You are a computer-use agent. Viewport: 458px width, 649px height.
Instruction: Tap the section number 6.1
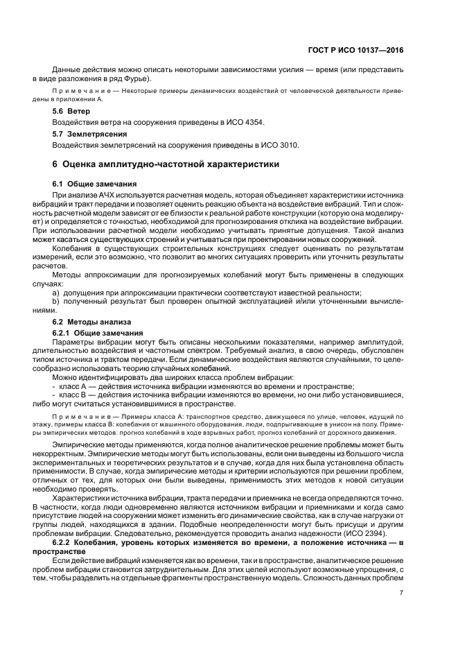60,184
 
